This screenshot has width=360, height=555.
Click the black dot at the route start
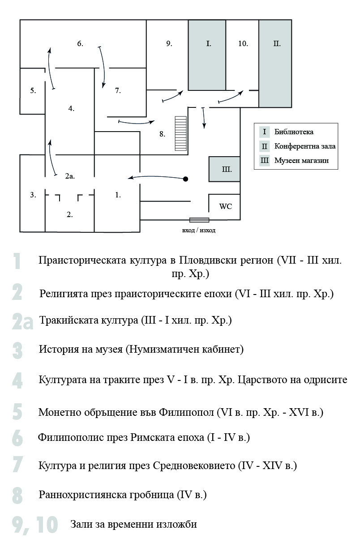click(x=185, y=179)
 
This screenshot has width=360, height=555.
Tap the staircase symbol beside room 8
click(x=181, y=133)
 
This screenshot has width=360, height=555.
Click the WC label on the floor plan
click(x=226, y=206)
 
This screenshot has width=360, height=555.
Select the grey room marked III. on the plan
click(x=224, y=169)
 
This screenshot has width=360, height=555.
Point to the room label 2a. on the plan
click(x=70, y=176)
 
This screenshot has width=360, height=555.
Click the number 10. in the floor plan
click(x=243, y=43)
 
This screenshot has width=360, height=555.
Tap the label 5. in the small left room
click(x=33, y=91)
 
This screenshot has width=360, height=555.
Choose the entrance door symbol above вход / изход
click(x=199, y=220)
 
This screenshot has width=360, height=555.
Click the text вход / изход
click(x=199, y=231)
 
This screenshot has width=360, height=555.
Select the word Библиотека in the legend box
click(x=294, y=132)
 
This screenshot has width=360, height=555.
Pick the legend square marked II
click(x=265, y=146)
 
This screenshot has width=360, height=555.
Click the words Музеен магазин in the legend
click(x=301, y=161)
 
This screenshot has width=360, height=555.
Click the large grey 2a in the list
click(x=22, y=321)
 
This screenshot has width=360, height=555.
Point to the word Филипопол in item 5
click(x=186, y=413)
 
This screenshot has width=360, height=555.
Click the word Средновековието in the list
click(x=194, y=466)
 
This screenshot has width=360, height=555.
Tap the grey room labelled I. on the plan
click(x=207, y=55)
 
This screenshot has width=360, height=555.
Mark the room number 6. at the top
click(x=80, y=43)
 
